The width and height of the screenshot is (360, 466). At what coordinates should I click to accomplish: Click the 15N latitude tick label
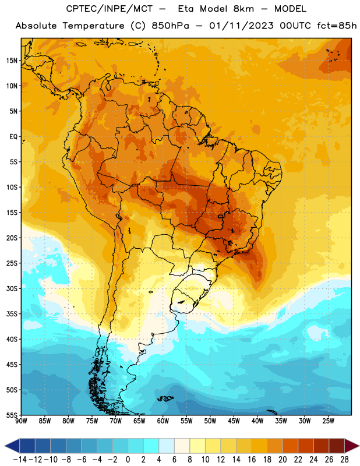[12, 61]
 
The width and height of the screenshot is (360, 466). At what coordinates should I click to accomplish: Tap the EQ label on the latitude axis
[13, 137]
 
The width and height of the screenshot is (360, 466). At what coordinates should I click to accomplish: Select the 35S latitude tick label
[12, 314]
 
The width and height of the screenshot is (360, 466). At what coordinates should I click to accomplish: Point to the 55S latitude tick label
[12, 415]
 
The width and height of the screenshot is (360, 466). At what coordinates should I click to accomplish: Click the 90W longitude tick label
[22, 421]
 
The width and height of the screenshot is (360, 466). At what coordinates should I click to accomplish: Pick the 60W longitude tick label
[163, 421]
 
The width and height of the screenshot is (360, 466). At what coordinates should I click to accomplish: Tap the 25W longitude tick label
[328, 421]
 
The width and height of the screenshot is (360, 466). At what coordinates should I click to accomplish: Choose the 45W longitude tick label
[234, 421]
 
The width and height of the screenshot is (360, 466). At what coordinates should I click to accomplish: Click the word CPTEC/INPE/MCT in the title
[110, 9]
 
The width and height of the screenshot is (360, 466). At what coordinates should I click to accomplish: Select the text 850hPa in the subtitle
[170, 26]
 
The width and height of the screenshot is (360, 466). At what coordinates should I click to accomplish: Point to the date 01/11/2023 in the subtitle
[241, 26]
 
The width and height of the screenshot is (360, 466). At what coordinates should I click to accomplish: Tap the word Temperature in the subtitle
[93, 26]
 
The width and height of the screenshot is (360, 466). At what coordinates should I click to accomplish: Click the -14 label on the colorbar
[20, 460]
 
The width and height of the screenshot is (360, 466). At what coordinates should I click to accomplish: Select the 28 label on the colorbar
[344, 460]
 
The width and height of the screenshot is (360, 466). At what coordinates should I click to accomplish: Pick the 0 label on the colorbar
[128, 460]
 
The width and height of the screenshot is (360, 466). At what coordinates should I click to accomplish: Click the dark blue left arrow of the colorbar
[12, 446]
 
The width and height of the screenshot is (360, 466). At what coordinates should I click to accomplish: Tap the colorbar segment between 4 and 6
[167, 446]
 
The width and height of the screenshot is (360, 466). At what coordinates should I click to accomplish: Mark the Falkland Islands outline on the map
[165, 398]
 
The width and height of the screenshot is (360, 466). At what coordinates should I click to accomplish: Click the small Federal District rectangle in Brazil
[220, 216]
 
